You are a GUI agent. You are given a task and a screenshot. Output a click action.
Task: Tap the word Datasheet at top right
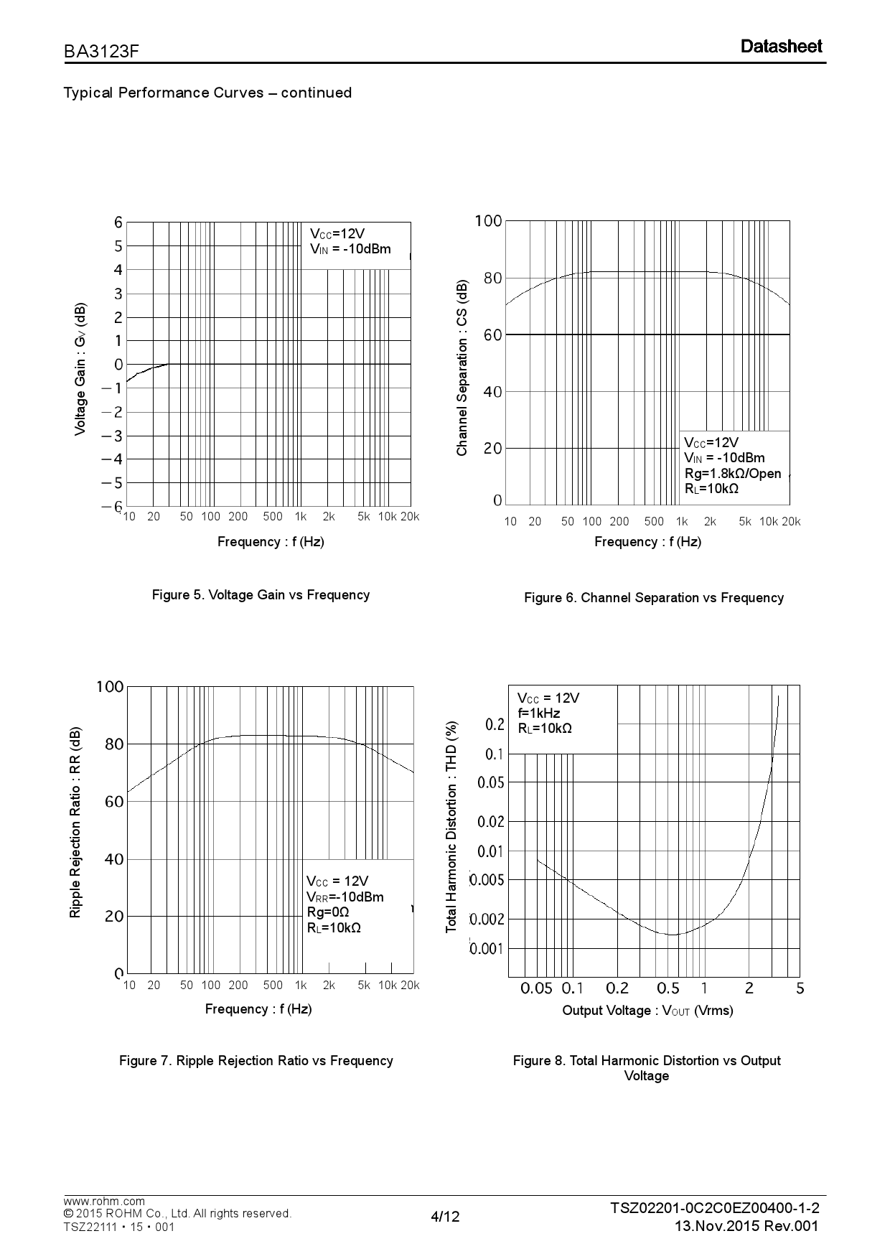(x=781, y=47)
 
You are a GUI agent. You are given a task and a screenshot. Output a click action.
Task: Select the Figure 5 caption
(x=261, y=594)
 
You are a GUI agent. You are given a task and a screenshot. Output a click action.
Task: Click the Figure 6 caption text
(x=653, y=597)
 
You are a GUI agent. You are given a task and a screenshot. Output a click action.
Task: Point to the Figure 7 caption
(x=256, y=1060)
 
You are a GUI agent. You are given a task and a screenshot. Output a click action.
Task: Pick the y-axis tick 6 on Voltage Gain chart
(x=118, y=223)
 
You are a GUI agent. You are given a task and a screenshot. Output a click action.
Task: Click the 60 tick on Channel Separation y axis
(x=492, y=334)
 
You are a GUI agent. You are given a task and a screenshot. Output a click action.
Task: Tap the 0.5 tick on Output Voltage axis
(x=667, y=988)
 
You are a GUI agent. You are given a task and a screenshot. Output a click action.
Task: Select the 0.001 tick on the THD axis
(x=487, y=949)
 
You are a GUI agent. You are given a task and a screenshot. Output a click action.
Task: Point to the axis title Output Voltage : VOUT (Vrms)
(x=647, y=1011)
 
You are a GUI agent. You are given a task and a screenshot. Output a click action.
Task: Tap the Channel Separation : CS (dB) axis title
(x=462, y=368)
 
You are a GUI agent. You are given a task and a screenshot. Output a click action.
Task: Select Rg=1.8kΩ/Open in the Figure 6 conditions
(x=732, y=473)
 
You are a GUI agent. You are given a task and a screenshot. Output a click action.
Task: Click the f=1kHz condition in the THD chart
(x=538, y=713)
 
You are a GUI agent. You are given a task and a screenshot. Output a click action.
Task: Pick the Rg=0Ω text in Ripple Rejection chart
(x=328, y=912)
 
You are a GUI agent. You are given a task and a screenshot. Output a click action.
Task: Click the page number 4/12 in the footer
(x=445, y=1216)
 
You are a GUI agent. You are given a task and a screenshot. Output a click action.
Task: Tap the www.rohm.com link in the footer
(x=104, y=1201)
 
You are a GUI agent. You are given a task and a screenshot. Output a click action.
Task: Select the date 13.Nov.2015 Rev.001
(x=746, y=1225)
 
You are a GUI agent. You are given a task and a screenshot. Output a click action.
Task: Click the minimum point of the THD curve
(x=673, y=935)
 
